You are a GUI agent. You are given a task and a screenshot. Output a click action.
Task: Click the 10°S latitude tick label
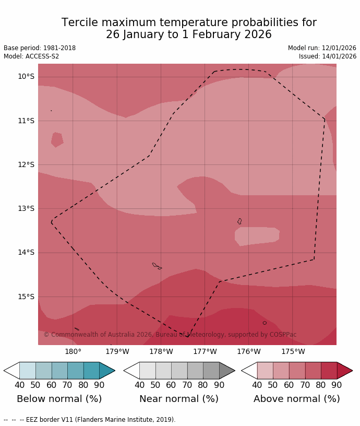[x=26, y=77]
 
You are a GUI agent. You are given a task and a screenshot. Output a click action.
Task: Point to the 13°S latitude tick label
[x=26, y=208]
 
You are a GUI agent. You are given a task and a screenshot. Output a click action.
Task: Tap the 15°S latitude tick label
[x=26, y=297]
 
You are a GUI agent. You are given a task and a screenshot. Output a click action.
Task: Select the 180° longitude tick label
[x=73, y=351]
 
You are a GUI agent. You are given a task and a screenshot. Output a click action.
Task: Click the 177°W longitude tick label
[x=205, y=351]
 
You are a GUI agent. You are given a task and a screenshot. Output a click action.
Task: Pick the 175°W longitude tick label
[x=293, y=351]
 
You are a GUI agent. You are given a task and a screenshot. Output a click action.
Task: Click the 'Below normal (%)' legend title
[x=59, y=399]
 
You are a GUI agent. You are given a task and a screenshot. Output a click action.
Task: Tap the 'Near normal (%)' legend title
[x=179, y=399]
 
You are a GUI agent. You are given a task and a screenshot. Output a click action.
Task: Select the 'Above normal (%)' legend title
[x=296, y=399]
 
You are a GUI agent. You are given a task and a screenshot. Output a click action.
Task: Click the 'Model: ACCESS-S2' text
[x=31, y=56]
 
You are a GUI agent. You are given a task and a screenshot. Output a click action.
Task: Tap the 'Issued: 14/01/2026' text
[x=328, y=56]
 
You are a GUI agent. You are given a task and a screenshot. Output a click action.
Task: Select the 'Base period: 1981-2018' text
[x=40, y=48]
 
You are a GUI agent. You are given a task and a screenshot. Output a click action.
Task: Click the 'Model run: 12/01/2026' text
[x=322, y=48]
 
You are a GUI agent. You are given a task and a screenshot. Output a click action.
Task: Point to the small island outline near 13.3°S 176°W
[x=239, y=221]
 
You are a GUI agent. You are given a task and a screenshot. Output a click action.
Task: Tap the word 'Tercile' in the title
[x=80, y=23]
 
